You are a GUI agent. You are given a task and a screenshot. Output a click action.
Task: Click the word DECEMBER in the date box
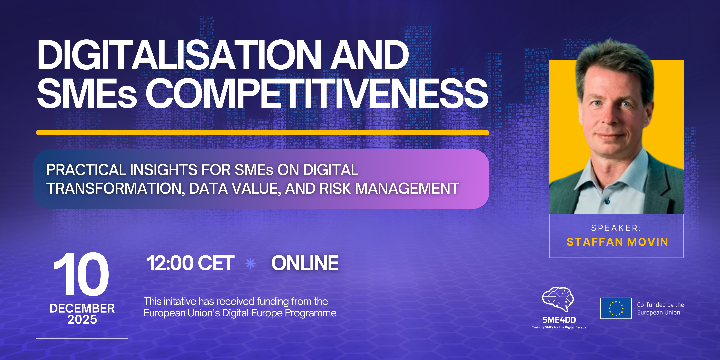pyautogui.click(x=82, y=308)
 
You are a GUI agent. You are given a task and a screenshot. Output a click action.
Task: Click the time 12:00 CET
pyautogui.click(x=190, y=263)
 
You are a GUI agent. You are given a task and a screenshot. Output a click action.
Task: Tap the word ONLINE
pyautogui.click(x=305, y=263)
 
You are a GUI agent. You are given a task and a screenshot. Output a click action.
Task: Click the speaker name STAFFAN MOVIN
pyautogui.click(x=617, y=242)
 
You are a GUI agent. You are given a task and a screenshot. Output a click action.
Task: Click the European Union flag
pyautogui.click(x=616, y=308)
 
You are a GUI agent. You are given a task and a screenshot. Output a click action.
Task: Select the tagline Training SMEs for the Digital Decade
pyautogui.click(x=559, y=327)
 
